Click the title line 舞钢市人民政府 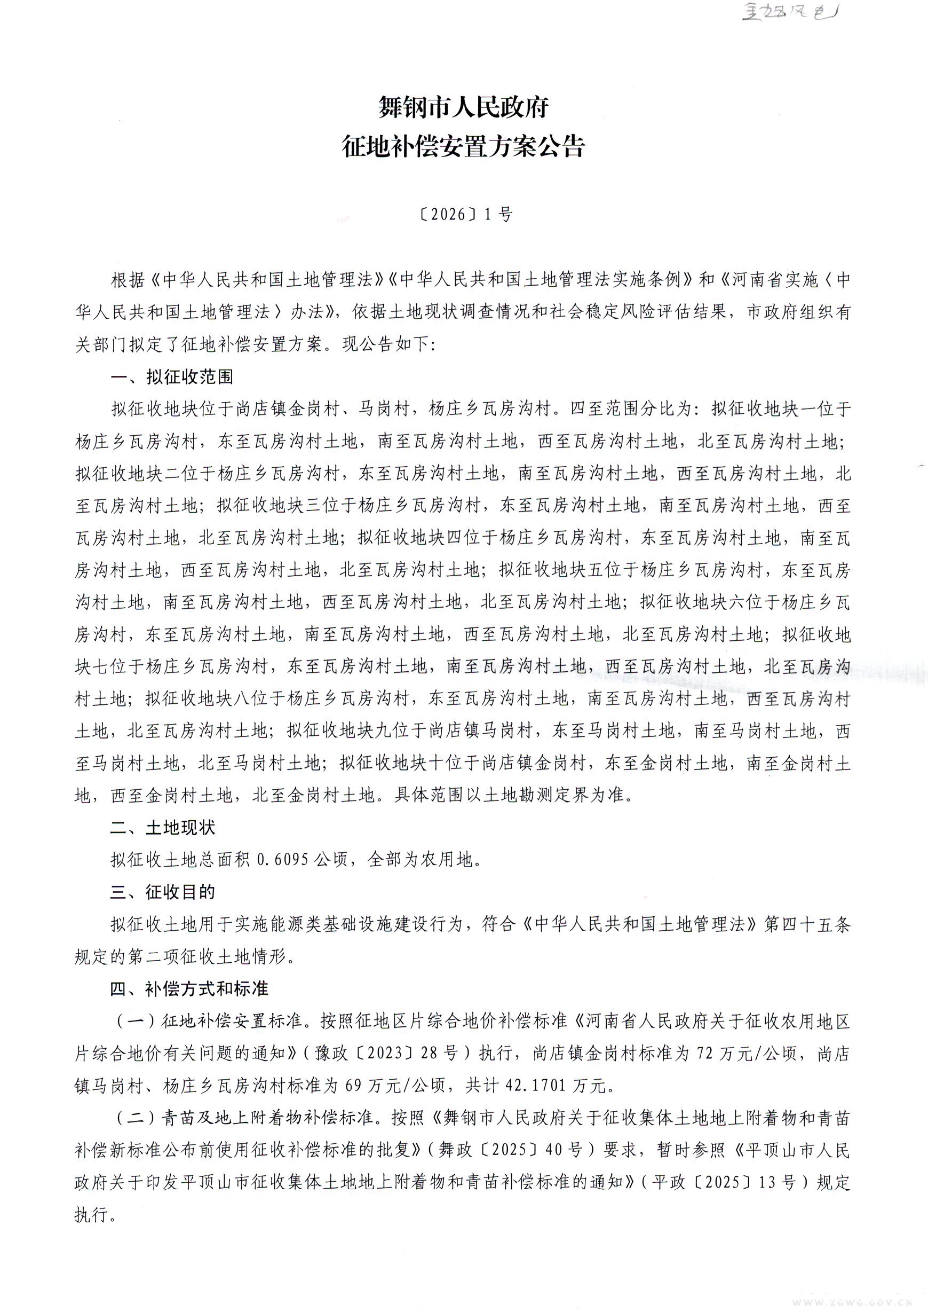click(x=463, y=107)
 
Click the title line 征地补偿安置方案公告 click(x=463, y=147)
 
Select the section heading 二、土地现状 click(x=163, y=827)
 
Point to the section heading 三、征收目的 click(x=163, y=892)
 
